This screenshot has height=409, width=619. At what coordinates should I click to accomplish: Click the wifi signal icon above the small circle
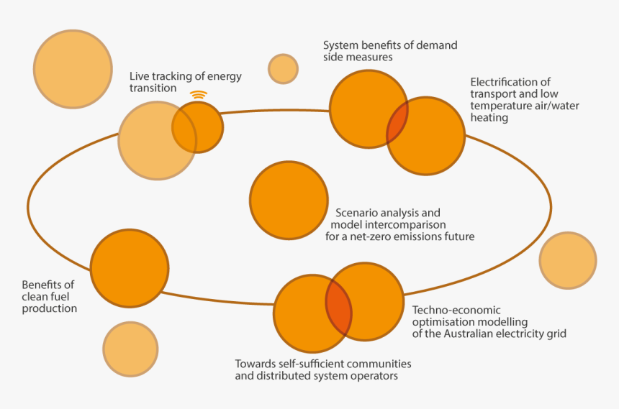(198, 95)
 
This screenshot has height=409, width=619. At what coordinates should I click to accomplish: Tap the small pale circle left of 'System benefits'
(283, 69)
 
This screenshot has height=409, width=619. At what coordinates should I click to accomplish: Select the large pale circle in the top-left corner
(73, 69)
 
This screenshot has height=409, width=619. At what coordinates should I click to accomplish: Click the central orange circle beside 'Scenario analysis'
(289, 201)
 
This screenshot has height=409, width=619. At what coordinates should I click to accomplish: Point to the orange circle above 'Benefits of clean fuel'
(130, 267)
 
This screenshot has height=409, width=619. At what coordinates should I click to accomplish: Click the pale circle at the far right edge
(568, 260)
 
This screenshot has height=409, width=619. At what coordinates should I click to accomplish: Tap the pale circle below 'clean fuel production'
(130, 349)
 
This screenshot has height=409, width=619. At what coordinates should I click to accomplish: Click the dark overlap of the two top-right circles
(397, 123)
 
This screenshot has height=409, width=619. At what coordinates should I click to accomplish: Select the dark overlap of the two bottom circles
(339, 308)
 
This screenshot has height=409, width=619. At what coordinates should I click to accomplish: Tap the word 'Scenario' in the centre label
(357, 213)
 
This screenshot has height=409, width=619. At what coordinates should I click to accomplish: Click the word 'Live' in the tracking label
(139, 76)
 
